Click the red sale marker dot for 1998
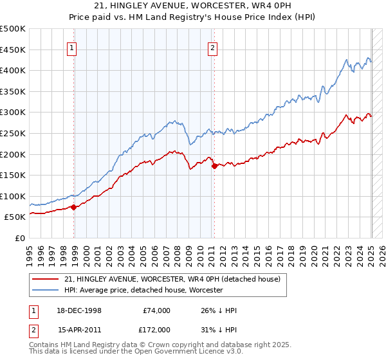coord(73,207)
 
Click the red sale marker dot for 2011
coord(214,166)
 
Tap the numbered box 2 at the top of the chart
coord(212,47)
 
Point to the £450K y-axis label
coord(14,50)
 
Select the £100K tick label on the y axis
coord(14,196)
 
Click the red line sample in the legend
coord(46,280)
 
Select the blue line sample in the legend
coord(46,290)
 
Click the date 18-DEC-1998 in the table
coord(80,311)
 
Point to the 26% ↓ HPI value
coord(219,311)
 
